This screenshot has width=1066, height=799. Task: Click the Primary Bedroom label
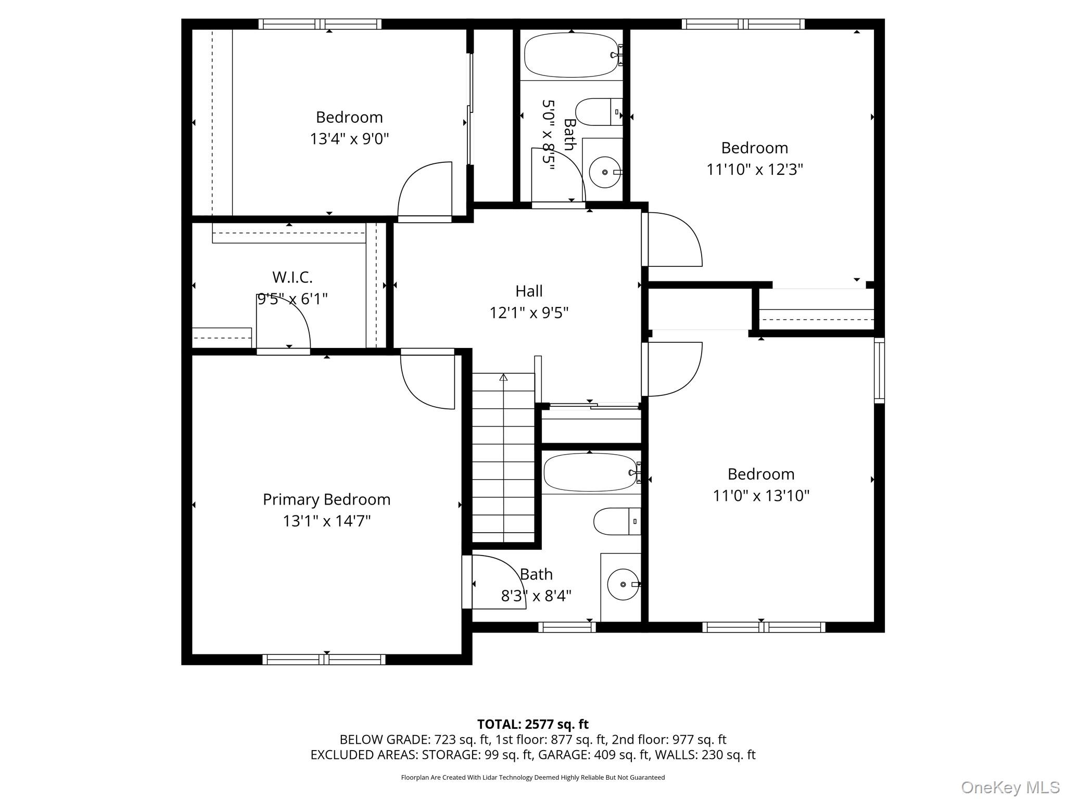(x=326, y=499)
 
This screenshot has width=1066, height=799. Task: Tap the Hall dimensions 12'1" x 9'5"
(x=529, y=313)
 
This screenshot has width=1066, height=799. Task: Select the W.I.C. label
(x=292, y=277)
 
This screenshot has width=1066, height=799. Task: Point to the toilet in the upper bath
(x=598, y=112)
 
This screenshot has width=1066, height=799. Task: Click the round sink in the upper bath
(x=605, y=172)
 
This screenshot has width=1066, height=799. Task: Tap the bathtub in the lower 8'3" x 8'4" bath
(x=589, y=472)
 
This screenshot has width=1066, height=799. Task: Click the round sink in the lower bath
(x=623, y=584)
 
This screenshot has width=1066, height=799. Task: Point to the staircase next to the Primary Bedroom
(x=503, y=458)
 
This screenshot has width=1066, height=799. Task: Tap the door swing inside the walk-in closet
(x=283, y=323)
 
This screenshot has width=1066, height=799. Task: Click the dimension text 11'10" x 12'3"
(x=754, y=170)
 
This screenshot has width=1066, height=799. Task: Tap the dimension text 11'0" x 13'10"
(x=760, y=496)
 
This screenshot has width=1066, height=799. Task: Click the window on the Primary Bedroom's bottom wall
(x=324, y=660)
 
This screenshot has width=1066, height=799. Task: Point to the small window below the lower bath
(x=567, y=627)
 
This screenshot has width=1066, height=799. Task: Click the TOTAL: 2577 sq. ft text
(x=532, y=724)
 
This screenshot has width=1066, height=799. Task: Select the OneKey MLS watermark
(x=1010, y=787)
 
